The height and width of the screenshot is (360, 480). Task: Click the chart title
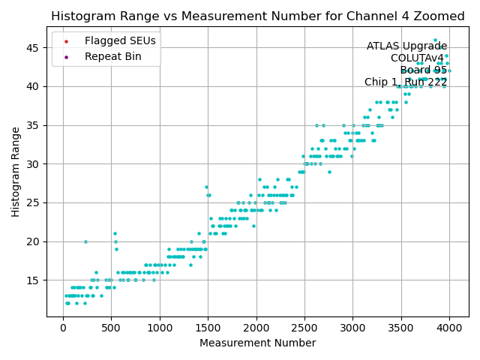258,16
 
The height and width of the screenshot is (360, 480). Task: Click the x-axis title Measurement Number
257,343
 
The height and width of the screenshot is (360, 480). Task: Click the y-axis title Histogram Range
16,172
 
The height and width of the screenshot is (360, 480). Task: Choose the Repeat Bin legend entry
109,56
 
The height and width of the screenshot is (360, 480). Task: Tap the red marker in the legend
66,40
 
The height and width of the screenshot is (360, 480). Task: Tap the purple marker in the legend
66,56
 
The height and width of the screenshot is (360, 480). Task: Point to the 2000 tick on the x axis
256,328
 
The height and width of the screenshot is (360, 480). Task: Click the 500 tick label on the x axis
111,328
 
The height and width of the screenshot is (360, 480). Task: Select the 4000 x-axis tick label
449,328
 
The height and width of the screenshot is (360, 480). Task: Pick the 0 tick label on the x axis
63,328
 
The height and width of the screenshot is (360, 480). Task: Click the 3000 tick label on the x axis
353,328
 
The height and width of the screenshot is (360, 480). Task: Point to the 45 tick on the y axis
34,47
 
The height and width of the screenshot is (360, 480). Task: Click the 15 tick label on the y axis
34,280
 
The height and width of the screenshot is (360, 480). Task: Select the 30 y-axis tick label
34,163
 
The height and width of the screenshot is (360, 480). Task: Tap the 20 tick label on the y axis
34,241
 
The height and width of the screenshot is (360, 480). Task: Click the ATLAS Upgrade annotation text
406,46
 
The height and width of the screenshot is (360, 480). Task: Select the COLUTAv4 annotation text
417,58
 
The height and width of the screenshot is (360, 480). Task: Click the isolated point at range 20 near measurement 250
85,241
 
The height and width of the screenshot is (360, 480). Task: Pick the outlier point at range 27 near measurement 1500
206,187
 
